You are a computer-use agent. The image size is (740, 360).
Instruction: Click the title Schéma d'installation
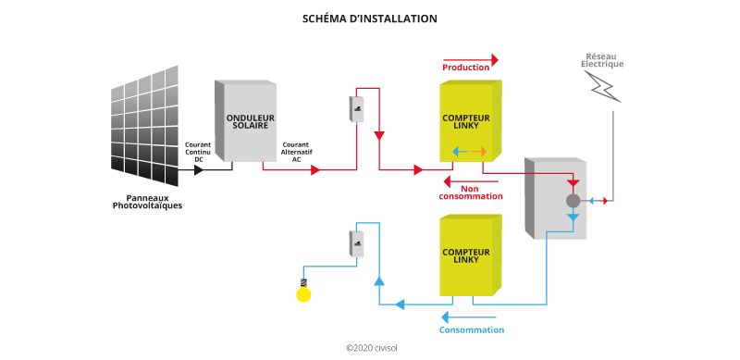coord(369,19)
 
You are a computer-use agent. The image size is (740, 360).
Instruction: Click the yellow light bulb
coord(302,293)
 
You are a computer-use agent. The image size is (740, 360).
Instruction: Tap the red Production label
coord(466,68)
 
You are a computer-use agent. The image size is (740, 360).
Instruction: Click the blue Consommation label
coord(471,329)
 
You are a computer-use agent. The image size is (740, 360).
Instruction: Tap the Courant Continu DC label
coord(198,152)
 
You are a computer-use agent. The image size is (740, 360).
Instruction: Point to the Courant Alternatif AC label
coord(295,152)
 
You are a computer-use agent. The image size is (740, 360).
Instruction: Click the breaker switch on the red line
coord(357,109)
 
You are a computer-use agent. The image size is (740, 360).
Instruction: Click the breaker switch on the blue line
coord(357,243)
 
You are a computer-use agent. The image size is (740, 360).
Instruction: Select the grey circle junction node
coord(573,200)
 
